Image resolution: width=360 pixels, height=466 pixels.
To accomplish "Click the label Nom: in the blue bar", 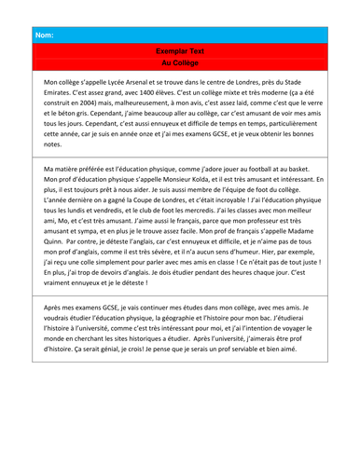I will (44, 36).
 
